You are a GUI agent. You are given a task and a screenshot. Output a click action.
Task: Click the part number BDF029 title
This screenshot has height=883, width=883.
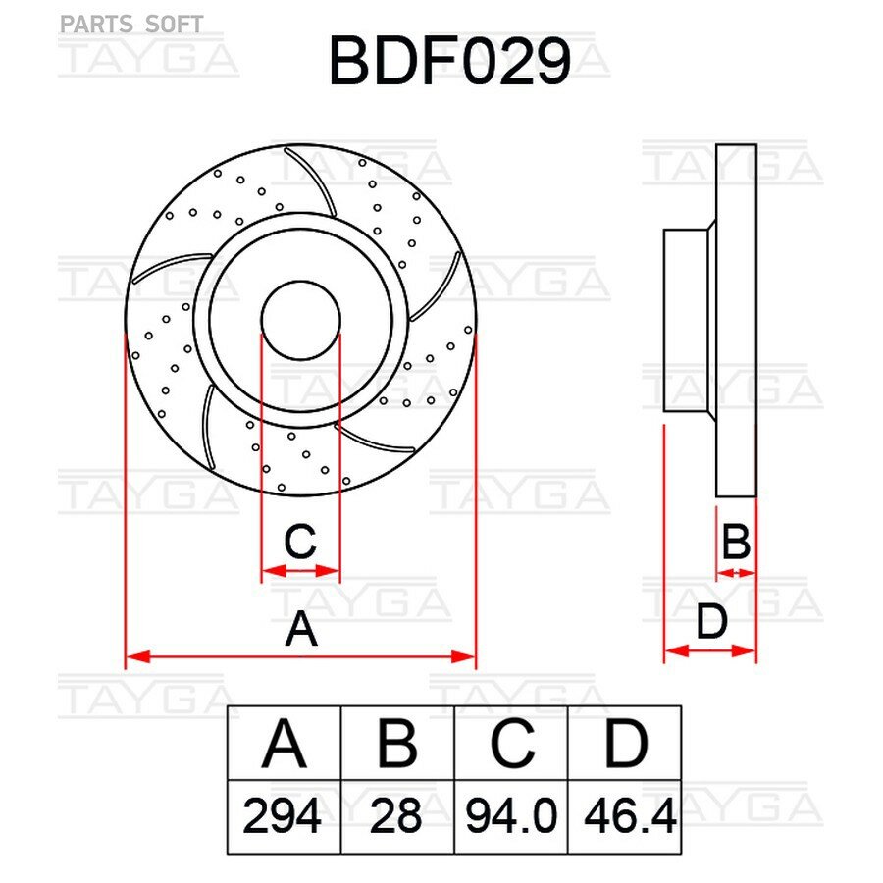tap(449, 61)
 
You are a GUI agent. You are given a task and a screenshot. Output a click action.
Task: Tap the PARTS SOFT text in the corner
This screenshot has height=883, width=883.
tap(131, 25)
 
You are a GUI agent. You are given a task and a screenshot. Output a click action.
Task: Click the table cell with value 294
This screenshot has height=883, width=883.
tap(284, 816)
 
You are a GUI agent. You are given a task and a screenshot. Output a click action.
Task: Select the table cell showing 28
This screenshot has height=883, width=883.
tap(397, 816)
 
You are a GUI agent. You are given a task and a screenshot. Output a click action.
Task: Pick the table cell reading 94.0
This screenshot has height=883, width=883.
tap(511, 816)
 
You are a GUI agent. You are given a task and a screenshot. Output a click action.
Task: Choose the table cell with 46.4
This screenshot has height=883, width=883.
tap(625, 816)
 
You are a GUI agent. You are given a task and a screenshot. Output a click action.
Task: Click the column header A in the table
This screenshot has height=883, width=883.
tap(284, 744)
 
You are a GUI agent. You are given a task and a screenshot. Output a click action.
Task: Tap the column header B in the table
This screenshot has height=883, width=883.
tap(397, 744)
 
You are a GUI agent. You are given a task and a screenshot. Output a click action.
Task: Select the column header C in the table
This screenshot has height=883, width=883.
tap(511, 744)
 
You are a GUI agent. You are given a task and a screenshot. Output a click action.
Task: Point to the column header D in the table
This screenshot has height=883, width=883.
tap(625, 744)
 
